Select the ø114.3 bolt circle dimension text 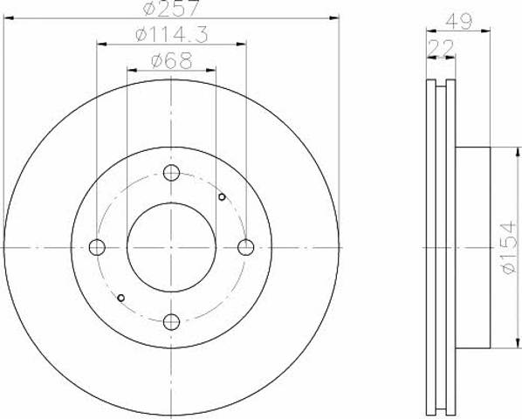click(x=172, y=34)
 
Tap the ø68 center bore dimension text click(x=171, y=61)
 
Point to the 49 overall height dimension click(x=459, y=21)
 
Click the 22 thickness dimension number click(x=441, y=48)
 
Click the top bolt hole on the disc click(x=171, y=173)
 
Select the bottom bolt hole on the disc click(x=171, y=322)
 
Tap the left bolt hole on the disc click(x=97, y=247)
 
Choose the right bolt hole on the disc click(x=246, y=247)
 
